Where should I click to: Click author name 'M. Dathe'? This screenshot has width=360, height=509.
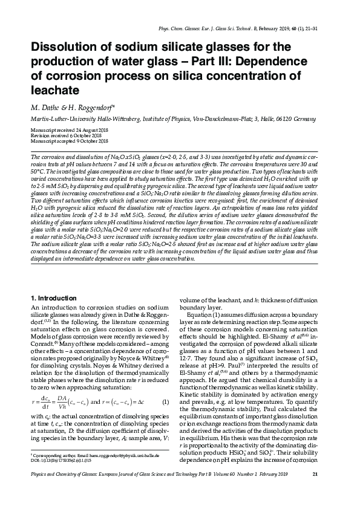point(44,108)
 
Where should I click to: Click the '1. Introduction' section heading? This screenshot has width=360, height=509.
point(53,299)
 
